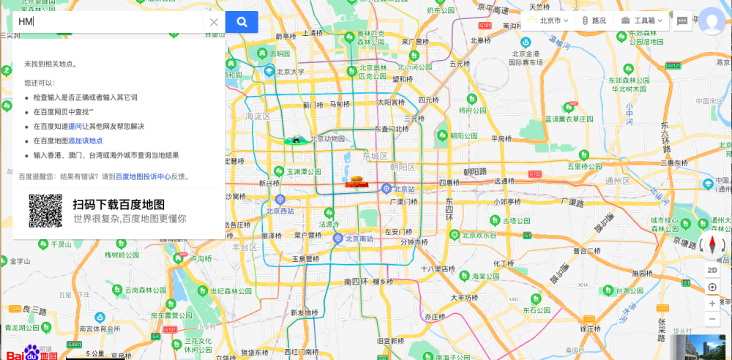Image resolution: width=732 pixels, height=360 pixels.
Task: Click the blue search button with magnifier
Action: click(242, 22)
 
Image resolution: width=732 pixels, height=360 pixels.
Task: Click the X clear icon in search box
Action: click(214, 22)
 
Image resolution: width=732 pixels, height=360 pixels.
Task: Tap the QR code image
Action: click(45, 211)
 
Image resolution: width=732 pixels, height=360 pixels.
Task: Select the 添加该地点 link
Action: click(86, 141)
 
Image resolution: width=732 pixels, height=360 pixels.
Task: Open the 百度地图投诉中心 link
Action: click(143, 176)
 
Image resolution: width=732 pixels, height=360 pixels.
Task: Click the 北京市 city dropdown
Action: click(548, 20)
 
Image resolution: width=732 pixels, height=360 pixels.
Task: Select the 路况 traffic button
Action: click(594, 20)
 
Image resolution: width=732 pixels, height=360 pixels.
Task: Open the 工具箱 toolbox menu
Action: click(642, 20)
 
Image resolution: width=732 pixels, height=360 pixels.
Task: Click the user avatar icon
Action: click(712, 21)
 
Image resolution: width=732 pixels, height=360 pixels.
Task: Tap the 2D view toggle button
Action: click(712, 270)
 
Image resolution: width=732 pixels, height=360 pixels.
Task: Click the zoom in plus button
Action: click(712, 303)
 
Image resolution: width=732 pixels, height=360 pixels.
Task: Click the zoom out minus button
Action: click(712, 319)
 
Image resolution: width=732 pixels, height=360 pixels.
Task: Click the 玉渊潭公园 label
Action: click(303, 172)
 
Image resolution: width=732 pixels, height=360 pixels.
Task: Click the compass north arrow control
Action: click(712, 245)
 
